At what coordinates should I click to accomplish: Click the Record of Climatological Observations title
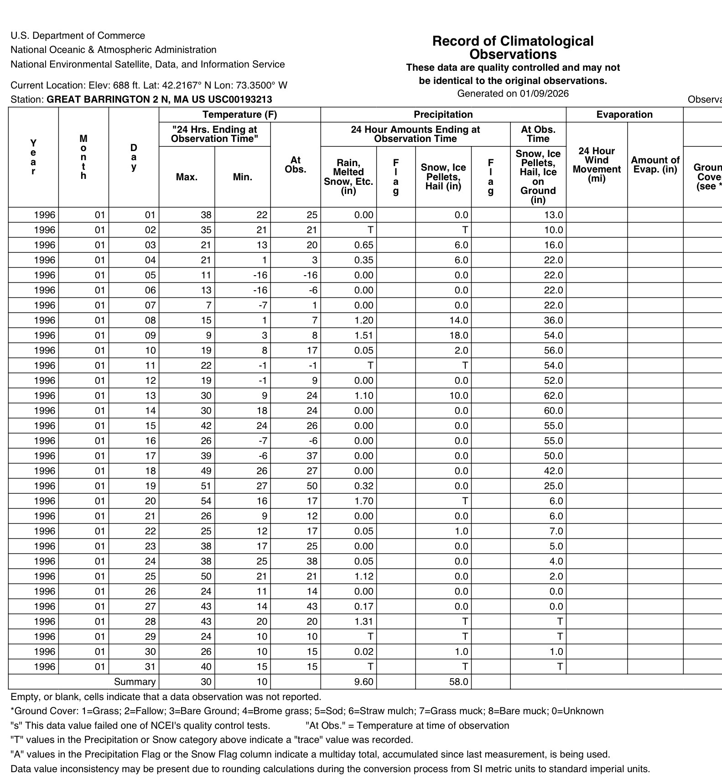(513, 47)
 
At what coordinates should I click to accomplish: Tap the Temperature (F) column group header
(239, 115)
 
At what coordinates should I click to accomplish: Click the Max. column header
(187, 177)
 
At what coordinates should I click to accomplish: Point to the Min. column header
(242, 177)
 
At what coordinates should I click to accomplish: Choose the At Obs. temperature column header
(296, 165)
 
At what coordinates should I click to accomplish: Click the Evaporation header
(624, 115)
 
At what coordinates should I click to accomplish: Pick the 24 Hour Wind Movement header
(597, 165)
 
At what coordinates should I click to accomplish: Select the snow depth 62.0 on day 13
(553, 396)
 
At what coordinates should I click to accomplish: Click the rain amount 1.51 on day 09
(364, 335)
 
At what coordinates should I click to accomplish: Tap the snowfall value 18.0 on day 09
(458, 335)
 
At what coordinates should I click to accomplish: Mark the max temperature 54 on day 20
(206, 501)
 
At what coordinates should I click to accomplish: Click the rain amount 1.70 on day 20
(364, 501)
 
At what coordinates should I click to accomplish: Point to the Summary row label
(135, 682)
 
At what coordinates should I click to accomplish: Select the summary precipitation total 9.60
(364, 682)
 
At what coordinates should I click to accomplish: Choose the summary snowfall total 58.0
(458, 682)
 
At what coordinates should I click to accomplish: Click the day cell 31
(150, 667)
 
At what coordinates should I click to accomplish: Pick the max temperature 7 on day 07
(208, 305)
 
